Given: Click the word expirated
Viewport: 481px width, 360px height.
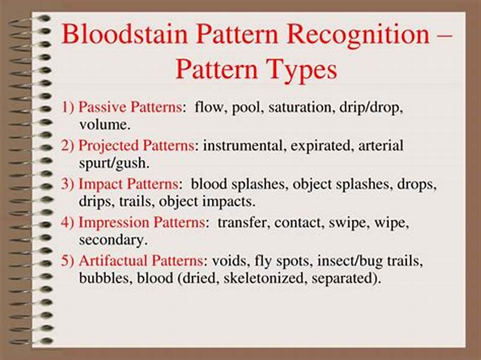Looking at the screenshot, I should pyautogui.click(x=325, y=145).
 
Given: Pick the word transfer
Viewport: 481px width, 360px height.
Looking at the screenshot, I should pyautogui.click(x=244, y=222).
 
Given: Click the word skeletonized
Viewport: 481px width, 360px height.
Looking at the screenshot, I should pyautogui.click(x=286, y=278).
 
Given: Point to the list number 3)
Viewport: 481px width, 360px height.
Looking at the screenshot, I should pyautogui.click(x=68, y=183).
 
